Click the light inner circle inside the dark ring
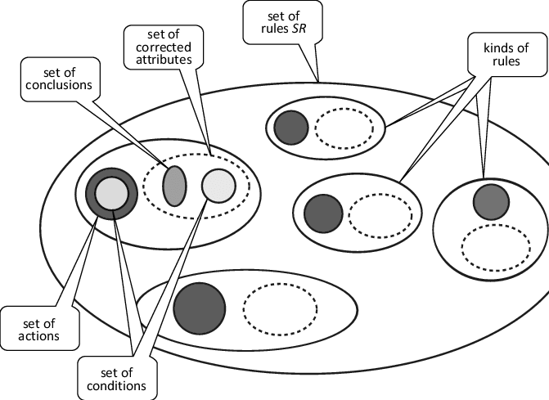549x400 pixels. point(110,194)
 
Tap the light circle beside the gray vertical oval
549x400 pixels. point(218,185)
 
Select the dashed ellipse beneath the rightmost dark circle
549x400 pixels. point(489,245)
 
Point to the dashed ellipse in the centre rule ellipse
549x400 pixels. point(375,215)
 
